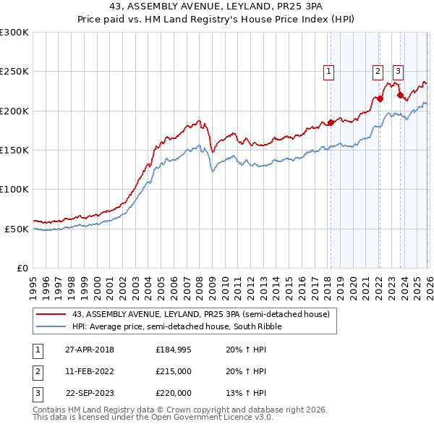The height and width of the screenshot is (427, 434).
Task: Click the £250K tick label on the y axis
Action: (14, 72)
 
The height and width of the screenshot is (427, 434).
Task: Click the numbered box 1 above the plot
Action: (329, 71)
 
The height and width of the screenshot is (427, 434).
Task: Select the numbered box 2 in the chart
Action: (378, 71)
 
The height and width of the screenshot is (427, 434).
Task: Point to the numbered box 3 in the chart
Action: (399, 71)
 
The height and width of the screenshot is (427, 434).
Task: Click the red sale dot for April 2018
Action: (331, 122)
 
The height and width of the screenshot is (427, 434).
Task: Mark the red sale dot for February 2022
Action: (380, 98)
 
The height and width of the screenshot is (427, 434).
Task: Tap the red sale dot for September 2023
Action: (400, 95)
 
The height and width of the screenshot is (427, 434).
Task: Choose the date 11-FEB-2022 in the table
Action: (90, 371)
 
